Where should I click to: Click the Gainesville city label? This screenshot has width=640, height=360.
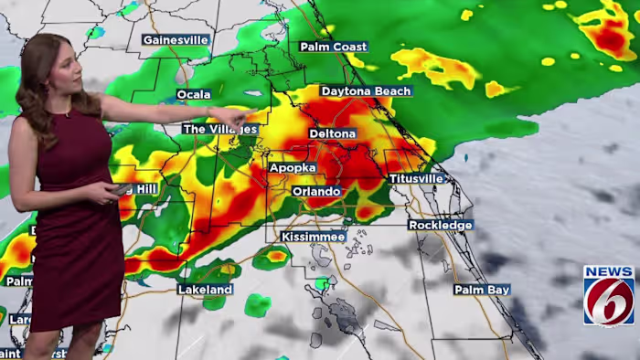click(176, 40)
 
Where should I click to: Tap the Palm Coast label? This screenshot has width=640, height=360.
click(334, 47)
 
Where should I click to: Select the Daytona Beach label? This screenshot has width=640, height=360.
click(366, 91)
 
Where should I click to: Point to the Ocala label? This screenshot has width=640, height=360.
click(193, 95)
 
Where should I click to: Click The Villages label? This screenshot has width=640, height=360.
click(220, 130)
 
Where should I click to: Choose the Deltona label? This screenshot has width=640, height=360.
click(332, 133)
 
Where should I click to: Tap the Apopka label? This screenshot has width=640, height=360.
click(293, 168)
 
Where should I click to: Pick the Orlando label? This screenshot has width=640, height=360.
click(316, 192)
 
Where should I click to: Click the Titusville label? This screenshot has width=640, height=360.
click(416, 179)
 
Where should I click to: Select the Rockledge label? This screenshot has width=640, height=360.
click(440, 225)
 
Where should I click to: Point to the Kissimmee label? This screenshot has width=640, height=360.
click(313, 237)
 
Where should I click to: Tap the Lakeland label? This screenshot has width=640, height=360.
click(204, 290)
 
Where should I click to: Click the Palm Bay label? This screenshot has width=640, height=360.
click(482, 290)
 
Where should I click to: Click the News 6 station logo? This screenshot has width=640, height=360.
click(609, 296)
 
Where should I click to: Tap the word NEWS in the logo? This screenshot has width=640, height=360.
click(609, 272)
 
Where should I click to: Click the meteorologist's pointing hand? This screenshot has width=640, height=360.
click(240, 117)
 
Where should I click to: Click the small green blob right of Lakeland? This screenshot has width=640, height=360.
click(258, 305)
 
